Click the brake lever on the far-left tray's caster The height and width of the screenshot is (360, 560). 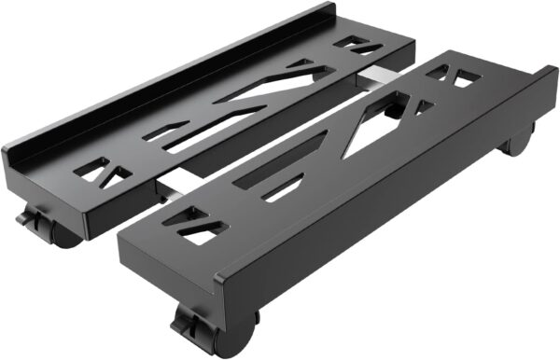pyautogui.click(x=29, y=220)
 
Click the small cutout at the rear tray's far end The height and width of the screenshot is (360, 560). pyautogui.click(x=355, y=43)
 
